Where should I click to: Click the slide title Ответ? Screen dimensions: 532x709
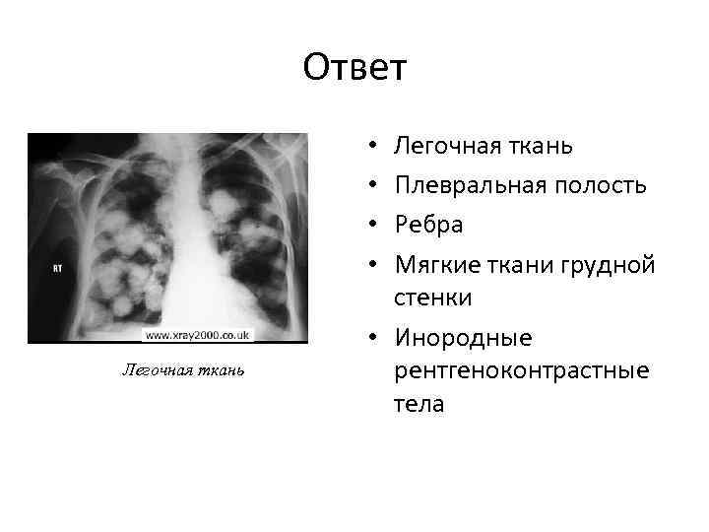click(x=354, y=68)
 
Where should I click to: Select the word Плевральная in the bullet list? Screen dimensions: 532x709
click(x=457, y=185)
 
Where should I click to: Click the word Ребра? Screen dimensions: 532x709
click(x=428, y=225)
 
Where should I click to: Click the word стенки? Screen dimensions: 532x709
click(x=432, y=298)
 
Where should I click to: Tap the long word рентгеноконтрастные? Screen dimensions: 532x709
click(x=521, y=371)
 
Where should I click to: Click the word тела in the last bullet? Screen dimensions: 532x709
click(x=419, y=404)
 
